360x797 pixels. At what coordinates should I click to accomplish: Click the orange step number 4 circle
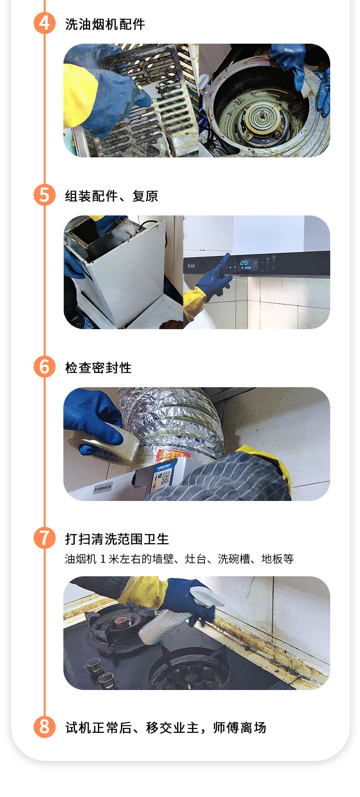pos(45,24)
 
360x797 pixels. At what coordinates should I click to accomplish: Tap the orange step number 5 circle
pos(45,195)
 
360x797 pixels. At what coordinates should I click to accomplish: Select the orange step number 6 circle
pos(45,367)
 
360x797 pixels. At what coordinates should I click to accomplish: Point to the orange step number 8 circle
pos(45,726)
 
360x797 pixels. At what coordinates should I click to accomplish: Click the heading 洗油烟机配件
pos(105,24)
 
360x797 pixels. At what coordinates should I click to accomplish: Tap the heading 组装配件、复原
pos(111,196)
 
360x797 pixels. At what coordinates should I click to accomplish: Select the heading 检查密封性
pos(98,368)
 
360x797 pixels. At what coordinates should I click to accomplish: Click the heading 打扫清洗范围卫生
pos(117,539)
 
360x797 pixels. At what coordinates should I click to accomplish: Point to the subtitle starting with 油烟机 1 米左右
pos(179,559)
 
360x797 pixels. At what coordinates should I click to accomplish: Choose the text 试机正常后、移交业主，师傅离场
pos(166,727)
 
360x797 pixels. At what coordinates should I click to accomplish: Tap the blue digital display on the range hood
pos(245,263)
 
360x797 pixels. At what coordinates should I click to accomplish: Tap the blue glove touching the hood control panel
pos(213,276)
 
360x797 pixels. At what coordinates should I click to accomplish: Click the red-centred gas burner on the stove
pos(118,623)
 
